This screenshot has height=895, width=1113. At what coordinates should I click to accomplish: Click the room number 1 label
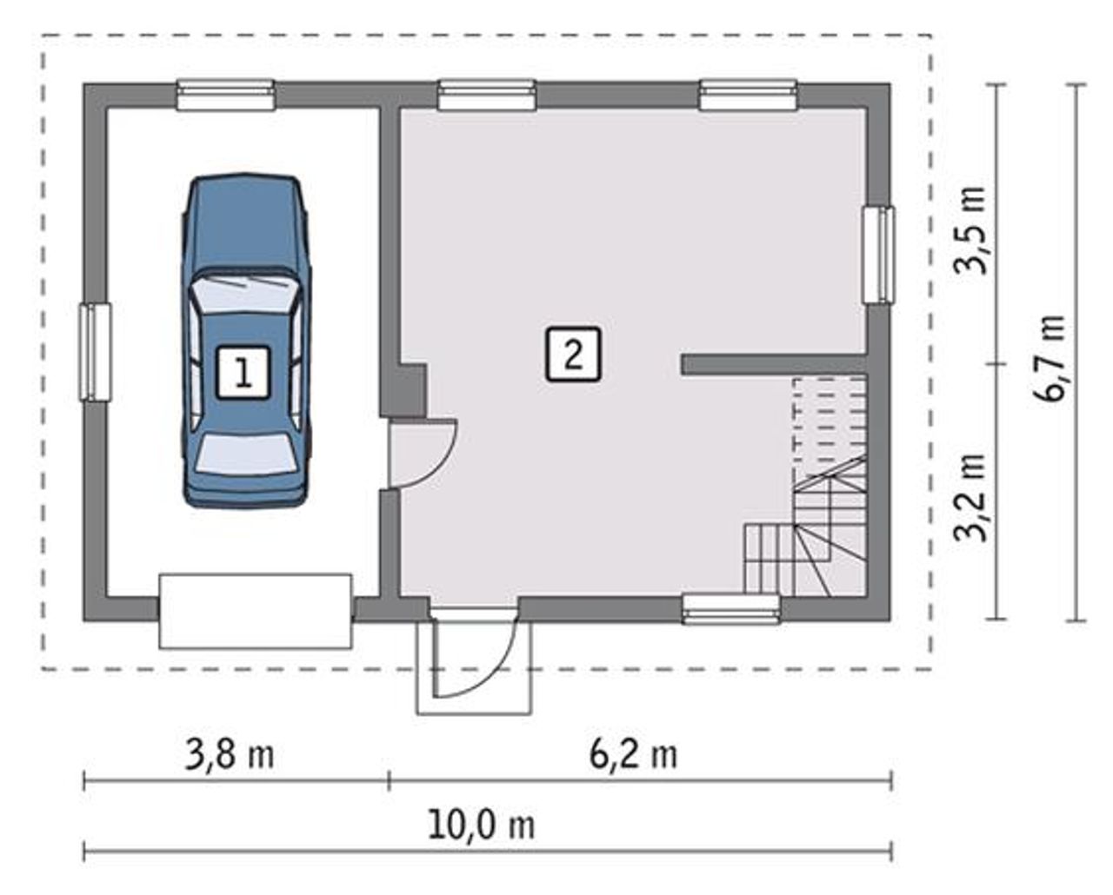[243, 373]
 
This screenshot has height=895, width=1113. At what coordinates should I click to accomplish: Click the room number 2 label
[573, 355]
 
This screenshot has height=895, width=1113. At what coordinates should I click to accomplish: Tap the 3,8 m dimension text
[230, 755]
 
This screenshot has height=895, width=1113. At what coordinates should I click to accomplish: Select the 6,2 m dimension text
[633, 755]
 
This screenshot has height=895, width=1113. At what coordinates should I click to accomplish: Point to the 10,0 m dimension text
[482, 826]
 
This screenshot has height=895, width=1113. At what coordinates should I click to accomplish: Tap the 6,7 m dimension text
[1050, 358]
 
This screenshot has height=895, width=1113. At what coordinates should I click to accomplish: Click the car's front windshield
[244, 293]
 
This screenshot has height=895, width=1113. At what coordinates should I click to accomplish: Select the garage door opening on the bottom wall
[256, 611]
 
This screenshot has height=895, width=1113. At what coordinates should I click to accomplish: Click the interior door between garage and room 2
[421, 454]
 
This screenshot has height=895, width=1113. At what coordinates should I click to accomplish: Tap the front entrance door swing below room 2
[474, 653]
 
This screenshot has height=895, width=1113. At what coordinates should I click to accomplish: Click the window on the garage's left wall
[96, 352]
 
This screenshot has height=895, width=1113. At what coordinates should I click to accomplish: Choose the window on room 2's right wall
[879, 255]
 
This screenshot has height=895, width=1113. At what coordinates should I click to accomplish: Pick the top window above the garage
[225, 95]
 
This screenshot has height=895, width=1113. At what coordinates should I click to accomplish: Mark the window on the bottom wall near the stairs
[730, 609]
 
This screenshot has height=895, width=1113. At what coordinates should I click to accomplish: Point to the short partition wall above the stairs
[774, 364]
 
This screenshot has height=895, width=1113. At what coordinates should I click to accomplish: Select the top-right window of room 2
[748, 95]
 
